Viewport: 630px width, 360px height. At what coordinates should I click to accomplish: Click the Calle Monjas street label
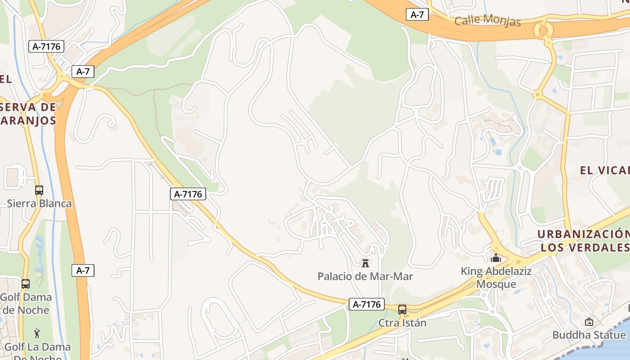click(x=487, y=20)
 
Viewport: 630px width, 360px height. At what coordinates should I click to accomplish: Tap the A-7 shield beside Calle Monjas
click(x=417, y=14)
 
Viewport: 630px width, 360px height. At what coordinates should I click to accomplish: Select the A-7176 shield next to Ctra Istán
click(x=367, y=304)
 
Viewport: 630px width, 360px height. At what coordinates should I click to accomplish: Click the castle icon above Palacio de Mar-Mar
click(x=365, y=263)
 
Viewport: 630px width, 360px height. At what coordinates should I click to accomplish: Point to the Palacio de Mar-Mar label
click(x=365, y=276)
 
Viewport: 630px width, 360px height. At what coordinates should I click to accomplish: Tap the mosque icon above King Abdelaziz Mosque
click(x=496, y=258)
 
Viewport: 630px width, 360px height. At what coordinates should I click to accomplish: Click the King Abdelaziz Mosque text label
click(x=496, y=278)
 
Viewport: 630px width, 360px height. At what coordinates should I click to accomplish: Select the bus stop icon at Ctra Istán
click(x=402, y=310)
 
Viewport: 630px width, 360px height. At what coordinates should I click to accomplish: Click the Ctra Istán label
click(x=402, y=323)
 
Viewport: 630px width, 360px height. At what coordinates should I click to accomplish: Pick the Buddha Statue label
click(x=589, y=335)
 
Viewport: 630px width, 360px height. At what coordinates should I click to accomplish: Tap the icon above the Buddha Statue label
click(x=589, y=322)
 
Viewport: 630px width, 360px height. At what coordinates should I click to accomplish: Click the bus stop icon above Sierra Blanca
click(x=39, y=190)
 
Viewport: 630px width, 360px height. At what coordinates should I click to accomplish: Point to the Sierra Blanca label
click(x=39, y=203)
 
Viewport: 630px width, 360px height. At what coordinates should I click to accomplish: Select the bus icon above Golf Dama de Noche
click(x=26, y=284)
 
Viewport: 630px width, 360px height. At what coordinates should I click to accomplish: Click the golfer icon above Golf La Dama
click(x=37, y=333)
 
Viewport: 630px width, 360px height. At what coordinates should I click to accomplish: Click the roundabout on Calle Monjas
click(x=543, y=30)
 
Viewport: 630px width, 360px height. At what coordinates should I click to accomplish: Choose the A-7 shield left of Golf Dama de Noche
click(x=83, y=270)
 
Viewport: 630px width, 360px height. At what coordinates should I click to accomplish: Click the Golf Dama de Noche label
click(x=26, y=303)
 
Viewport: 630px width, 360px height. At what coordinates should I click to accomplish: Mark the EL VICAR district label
click(x=604, y=170)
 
